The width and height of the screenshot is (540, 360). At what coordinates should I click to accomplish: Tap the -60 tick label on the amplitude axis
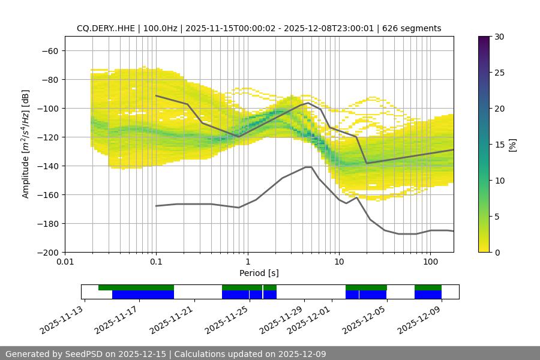tap(50, 51)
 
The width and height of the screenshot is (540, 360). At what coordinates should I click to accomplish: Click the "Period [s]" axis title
tap(259, 273)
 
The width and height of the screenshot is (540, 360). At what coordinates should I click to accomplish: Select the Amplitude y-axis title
tap(26, 145)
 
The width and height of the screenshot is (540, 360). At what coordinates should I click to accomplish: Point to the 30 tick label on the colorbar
tap(499, 37)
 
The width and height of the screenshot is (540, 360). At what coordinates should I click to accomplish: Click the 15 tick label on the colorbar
tap(499, 145)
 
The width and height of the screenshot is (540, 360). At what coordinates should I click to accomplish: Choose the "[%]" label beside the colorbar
tap(512, 145)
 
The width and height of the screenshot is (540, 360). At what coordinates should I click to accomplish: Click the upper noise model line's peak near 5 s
tap(308, 103)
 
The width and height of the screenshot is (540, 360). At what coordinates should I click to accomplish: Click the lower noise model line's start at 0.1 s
tap(156, 206)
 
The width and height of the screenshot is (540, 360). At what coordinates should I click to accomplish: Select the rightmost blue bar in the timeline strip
tap(428, 295)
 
